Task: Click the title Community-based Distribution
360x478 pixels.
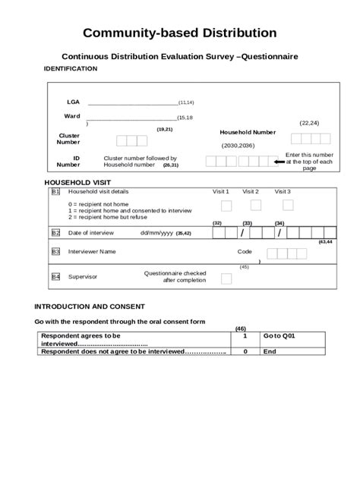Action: pos(179,33)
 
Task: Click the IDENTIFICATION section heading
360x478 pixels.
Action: pos(71,68)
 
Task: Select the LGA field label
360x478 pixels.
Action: pos(73,101)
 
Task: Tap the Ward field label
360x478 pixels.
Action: pos(72,116)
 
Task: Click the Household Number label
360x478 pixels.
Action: pos(248,132)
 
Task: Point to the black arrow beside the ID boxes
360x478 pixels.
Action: pos(277,161)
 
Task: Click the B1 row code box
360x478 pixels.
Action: pos(55,192)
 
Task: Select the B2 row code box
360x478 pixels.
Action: pos(55,233)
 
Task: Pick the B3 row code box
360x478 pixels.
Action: pos(55,251)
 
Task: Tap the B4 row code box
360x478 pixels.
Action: pos(55,277)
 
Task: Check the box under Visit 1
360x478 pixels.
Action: pos(226,206)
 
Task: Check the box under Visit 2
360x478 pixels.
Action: pos(256,206)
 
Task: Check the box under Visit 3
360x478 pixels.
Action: pos(287,206)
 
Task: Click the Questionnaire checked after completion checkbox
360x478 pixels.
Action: pos(226,278)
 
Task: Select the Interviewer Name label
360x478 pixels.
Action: pos(92,251)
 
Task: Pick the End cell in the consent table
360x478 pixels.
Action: pos(270,351)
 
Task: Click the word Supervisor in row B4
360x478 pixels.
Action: pos(83,277)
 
